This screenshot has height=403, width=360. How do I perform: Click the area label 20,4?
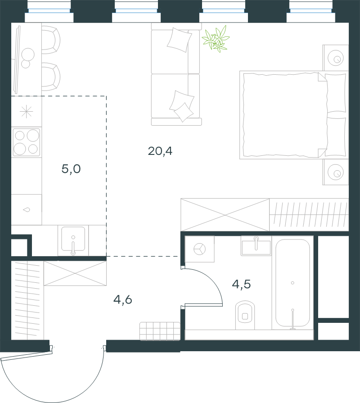click(160, 151)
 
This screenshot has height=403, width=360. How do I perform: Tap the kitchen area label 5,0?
click(71, 169)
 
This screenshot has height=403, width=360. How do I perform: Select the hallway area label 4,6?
click(123, 300)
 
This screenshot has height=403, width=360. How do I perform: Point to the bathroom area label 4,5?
click(241, 284)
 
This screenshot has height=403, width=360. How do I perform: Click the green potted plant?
click(216, 39)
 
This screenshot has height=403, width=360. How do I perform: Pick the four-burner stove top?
click(27, 142)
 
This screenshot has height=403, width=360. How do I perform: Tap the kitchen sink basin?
click(73, 239)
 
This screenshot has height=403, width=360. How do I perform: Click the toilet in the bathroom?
click(245, 315)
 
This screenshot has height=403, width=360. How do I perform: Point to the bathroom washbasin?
click(256, 246)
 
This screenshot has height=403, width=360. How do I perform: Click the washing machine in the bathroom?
click(199, 249)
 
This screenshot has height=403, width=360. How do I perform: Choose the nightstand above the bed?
click(336, 58)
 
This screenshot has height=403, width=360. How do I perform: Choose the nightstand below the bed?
click(336, 172)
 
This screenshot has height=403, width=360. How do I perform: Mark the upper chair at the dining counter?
click(51, 40)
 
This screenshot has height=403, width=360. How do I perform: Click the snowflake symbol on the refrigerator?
click(27, 112)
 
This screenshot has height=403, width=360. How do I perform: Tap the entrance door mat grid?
click(160, 331)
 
